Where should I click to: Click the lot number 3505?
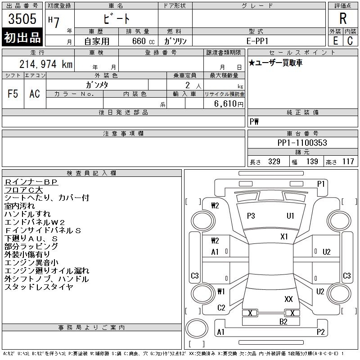(x=22, y=19)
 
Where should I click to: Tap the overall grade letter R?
(x=343, y=18)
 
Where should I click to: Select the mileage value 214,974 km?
(x=46, y=64)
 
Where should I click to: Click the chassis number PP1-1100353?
(x=302, y=143)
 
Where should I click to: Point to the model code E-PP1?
(x=257, y=41)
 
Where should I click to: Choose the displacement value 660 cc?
(x=143, y=41)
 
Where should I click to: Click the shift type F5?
(x=13, y=94)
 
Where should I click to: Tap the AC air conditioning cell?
(x=35, y=94)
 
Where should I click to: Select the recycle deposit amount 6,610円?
(x=229, y=104)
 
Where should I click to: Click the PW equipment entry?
(x=254, y=121)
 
